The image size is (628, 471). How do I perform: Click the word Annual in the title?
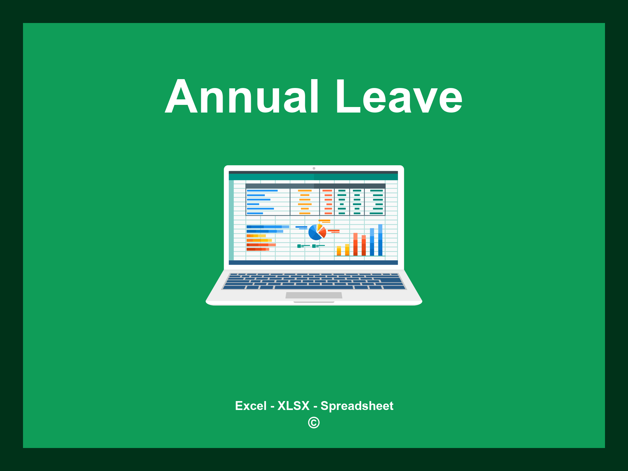point(242,96)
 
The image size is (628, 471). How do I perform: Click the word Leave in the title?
point(399,96)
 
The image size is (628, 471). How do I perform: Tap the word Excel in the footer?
point(251,406)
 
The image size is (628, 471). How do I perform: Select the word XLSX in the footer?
point(293,406)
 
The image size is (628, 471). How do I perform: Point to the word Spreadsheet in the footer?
point(357,406)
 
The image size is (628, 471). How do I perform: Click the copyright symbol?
point(314,423)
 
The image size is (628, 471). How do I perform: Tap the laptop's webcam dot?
point(314,168)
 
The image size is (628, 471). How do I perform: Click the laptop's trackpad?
point(314,295)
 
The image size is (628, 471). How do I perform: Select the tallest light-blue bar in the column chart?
point(380,240)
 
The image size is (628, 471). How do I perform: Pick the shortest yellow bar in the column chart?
point(339,251)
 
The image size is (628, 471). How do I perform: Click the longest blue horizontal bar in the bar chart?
point(268,227)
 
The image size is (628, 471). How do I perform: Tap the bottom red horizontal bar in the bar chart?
point(258,249)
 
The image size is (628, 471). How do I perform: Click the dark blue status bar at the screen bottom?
point(313,262)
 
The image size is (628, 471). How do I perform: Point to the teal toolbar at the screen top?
point(313,177)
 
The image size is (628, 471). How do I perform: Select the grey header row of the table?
point(315,186)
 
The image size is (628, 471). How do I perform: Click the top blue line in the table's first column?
point(262,191)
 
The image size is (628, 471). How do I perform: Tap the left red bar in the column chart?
point(355,244)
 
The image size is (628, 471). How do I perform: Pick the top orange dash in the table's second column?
point(305,191)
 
